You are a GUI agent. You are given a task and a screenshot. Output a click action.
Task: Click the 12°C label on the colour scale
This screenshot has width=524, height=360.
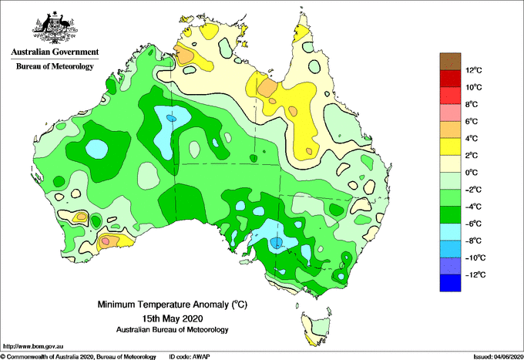474,70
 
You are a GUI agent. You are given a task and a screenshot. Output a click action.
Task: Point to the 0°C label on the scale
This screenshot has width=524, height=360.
472,173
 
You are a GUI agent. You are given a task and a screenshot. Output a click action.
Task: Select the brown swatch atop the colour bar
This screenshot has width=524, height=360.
450,62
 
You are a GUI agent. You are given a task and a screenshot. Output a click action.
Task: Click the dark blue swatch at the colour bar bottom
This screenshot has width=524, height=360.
450,283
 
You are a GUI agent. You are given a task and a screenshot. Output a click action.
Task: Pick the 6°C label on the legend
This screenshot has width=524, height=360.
472,122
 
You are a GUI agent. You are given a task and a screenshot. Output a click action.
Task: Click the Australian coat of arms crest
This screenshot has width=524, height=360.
55,28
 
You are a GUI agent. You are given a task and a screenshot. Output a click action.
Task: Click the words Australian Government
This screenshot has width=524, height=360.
55,52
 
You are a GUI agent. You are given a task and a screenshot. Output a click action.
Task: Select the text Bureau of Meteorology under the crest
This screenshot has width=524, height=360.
55,66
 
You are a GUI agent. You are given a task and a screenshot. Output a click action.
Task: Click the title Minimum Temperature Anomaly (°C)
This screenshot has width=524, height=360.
172,304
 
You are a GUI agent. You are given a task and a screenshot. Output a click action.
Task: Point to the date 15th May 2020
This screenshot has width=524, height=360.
173,318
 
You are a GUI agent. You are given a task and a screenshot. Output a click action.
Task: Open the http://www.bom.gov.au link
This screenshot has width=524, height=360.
33,346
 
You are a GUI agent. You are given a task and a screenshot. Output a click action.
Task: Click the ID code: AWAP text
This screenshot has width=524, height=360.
190,357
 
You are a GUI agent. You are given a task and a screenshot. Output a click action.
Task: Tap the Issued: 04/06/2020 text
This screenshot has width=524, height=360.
499,357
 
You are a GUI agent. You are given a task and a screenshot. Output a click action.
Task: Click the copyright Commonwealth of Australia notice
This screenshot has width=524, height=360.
78,357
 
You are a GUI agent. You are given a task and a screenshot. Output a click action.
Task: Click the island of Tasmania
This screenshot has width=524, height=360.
317,328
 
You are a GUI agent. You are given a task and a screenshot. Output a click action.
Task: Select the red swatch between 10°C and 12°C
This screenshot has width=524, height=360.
450,79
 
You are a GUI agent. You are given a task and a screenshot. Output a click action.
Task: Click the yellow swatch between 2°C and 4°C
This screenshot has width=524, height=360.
450,146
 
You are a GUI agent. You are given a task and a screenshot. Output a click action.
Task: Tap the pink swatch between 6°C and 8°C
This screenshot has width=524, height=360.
450,113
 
